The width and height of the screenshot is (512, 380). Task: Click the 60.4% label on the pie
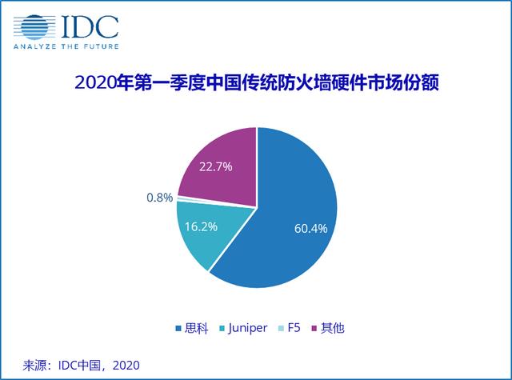coord(310,229)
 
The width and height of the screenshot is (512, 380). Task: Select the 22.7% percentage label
coord(215,167)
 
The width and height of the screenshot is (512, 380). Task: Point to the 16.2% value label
coord(201,226)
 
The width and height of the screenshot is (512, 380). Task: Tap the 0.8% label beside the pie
coord(160,197)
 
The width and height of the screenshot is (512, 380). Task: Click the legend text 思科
coord(197,328)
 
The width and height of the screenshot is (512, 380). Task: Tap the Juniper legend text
coord(248,328)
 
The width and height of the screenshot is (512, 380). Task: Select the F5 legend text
coord(294,328)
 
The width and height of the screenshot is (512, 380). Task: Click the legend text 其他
coord(333,328)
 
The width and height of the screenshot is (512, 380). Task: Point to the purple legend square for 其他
coord(314,328)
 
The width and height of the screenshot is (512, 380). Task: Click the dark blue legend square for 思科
coord(178,328)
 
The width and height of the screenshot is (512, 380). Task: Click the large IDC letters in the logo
coord(90,26)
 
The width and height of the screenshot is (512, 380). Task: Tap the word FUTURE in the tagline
coord(102,46)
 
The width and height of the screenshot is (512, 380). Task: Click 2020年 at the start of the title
coord(104,82)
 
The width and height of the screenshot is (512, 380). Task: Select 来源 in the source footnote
coord(34,366)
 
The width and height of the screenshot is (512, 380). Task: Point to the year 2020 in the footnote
coord(126,366)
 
